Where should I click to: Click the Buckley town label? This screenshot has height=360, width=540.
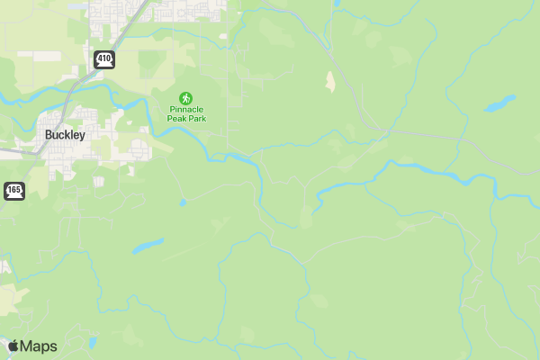[x=65, y=135]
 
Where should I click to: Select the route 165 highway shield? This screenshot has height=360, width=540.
[x=14, y=190]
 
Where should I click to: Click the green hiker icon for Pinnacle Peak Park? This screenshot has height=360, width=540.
[x=186, y=96]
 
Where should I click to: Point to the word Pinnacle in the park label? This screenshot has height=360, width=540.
[x=186, y=109]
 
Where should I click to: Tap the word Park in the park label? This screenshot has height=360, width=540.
[x=198, y=118]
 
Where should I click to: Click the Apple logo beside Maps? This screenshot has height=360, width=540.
[x=13, y=346]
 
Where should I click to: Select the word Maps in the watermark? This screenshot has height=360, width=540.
[x=39, y=346]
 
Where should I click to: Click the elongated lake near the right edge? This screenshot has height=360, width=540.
[x=499, y=103]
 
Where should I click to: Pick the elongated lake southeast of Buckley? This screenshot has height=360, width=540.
[x=148, y=245]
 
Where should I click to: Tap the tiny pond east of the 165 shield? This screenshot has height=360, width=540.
[x=183, y=203]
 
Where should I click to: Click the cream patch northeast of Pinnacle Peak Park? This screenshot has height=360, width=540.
[x=330, y=82]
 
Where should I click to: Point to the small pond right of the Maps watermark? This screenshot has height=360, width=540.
[x=93, y=342]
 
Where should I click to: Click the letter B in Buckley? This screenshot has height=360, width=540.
[x=49, y=135]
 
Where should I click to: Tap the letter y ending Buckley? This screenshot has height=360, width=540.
[x=83, y=136]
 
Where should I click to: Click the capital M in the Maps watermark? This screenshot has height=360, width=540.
[x=27, y=346]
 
